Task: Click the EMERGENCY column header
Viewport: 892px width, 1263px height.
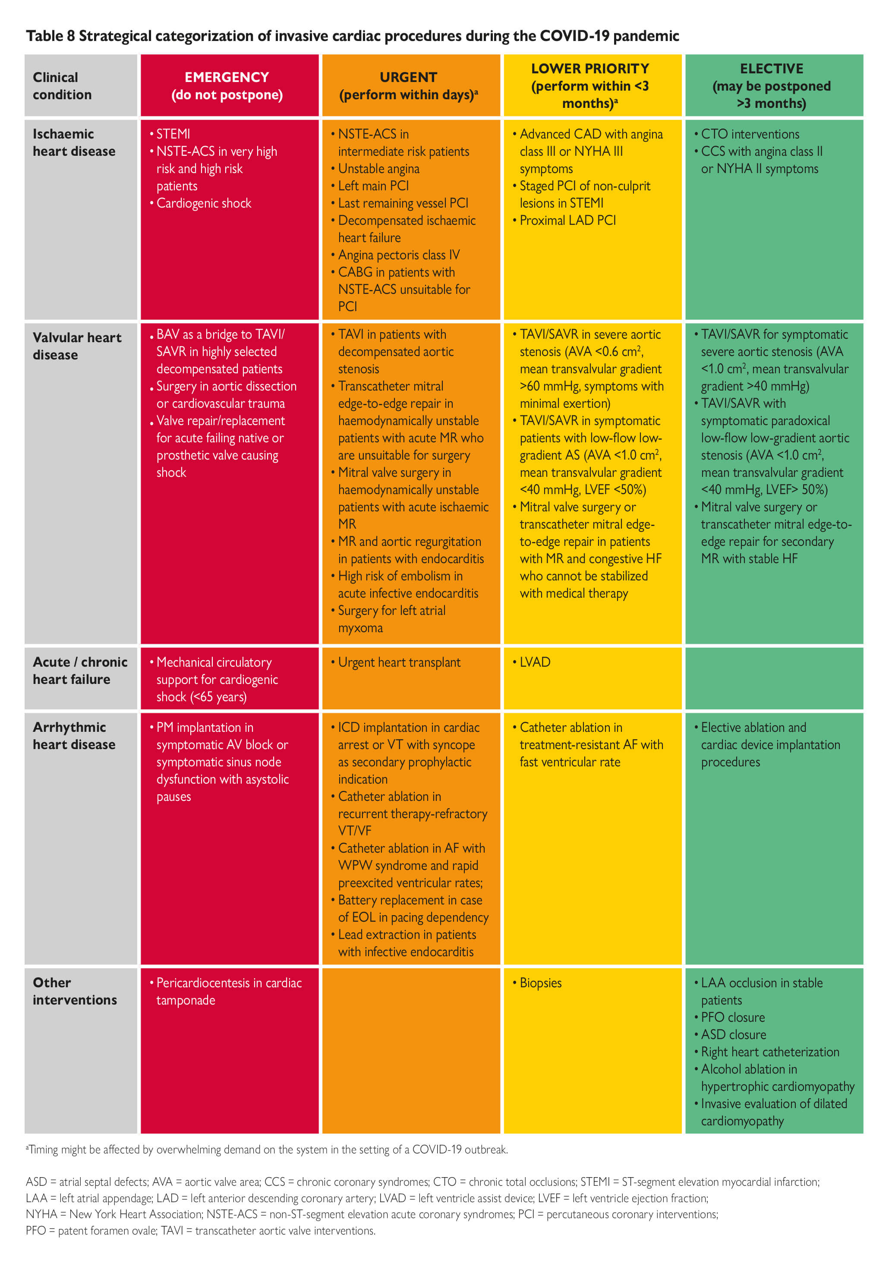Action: point(227,86)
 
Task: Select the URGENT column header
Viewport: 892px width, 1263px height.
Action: point(408,86)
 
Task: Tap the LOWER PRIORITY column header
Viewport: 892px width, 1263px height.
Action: point(590,86)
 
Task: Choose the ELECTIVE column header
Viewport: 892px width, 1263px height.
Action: point(772,86)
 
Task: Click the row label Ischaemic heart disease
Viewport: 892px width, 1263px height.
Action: point(74,142)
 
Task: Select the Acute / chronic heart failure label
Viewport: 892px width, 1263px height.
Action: point(80,671)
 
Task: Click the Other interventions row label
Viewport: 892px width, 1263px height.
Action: point(74,991)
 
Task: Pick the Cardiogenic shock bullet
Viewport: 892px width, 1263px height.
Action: point(204,204)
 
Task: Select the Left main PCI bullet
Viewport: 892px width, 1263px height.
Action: point(373,186)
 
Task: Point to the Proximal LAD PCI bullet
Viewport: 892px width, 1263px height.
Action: point(567,220)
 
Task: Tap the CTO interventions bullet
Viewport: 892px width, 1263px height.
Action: point(750,134)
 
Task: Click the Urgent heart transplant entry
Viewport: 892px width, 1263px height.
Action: point(399,662)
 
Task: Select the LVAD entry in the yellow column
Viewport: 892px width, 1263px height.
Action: point(534,662)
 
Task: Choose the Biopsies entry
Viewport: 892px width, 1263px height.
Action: point(540,983)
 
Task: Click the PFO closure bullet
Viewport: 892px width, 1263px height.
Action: point(732,1017)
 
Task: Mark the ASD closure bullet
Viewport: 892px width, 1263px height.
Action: point(733,1035)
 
